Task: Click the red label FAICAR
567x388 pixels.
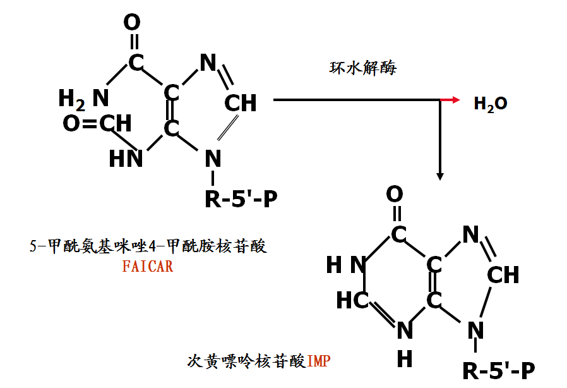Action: (148, 266)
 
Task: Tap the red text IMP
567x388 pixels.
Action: (319, 362)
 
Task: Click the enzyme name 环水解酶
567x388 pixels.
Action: (363, 68)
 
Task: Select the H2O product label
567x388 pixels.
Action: (491, 104)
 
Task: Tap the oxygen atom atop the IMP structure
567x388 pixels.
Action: (395, 193)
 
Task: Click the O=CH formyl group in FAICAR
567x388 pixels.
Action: (97, 124)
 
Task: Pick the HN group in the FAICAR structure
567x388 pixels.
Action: (126, 158)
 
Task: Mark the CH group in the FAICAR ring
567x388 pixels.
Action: (241, 102)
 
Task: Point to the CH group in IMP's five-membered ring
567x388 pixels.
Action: (503, 275)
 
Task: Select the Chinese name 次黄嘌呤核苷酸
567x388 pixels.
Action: (247, 362)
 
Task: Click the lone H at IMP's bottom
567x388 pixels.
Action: (405, 358)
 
